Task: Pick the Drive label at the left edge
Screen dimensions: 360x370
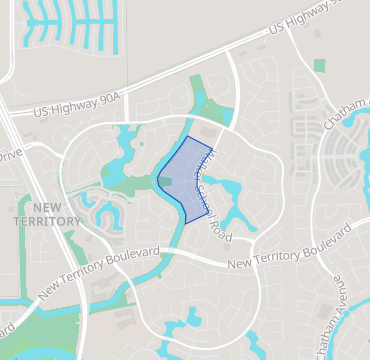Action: click(9, 156)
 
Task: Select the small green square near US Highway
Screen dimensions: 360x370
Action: click(319, 66)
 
